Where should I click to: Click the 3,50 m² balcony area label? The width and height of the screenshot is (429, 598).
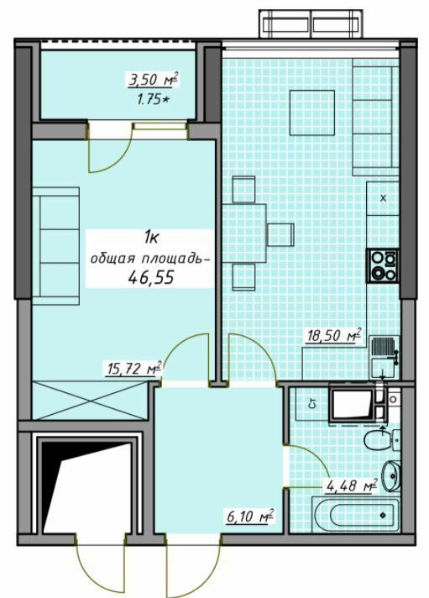(x=153, y=81)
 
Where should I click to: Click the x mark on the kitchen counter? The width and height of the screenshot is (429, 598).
(x=384, y=198)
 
